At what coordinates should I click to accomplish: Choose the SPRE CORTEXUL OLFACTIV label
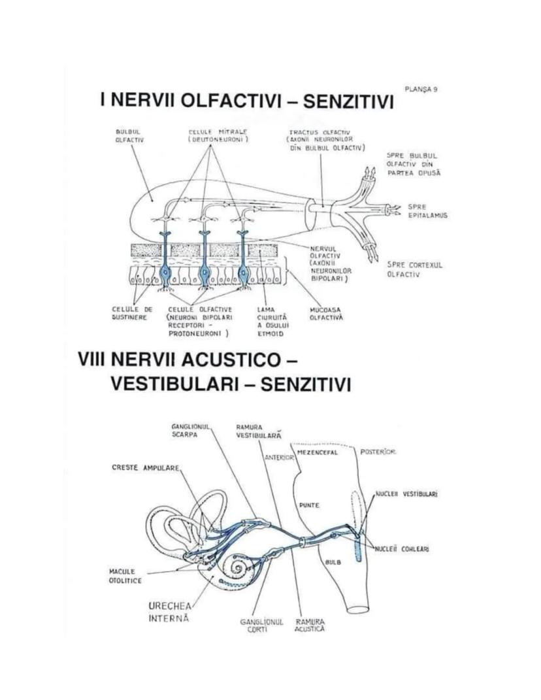coord(415,269)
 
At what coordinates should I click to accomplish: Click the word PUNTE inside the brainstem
coord(309,505)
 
